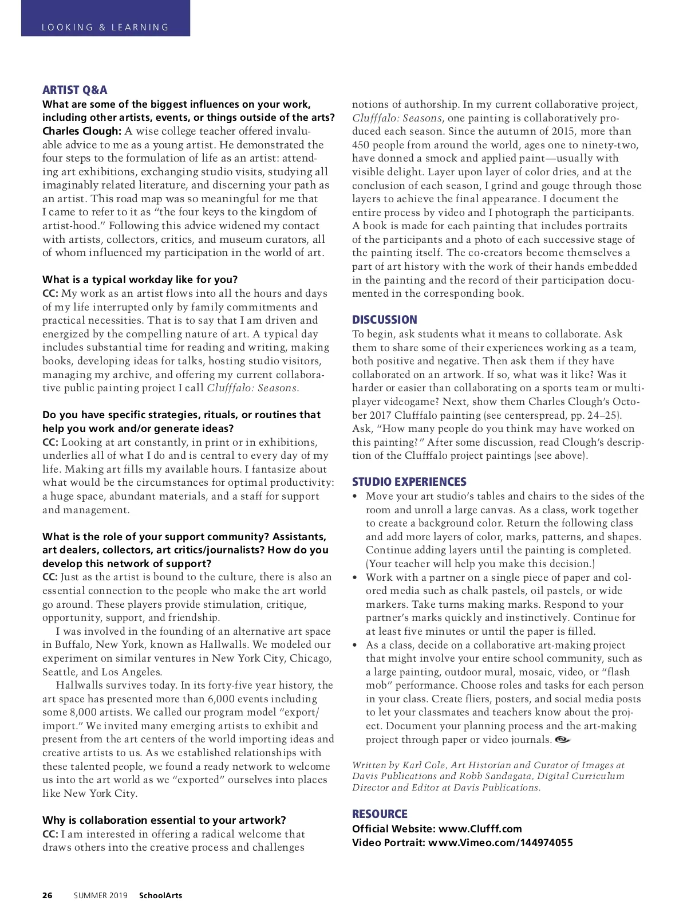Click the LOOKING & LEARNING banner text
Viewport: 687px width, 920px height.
coord(105,27)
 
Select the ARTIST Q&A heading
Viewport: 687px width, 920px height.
coord(74,90)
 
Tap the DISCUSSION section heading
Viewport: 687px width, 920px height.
coord(384,320)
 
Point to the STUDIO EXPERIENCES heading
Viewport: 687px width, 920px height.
coord(409,482)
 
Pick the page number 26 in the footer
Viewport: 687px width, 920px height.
coord(48,895)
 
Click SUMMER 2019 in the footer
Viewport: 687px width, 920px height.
coord(100,895)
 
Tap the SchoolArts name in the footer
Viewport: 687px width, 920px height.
coord(160,895)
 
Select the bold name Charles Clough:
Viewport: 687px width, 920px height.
coord(82,131)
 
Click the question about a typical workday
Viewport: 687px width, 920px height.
coord(140,280)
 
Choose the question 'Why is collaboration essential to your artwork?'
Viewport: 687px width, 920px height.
coord(164,820)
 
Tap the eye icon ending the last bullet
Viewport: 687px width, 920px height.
coord(563,740)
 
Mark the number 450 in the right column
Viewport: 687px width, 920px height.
coord(362,145)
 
